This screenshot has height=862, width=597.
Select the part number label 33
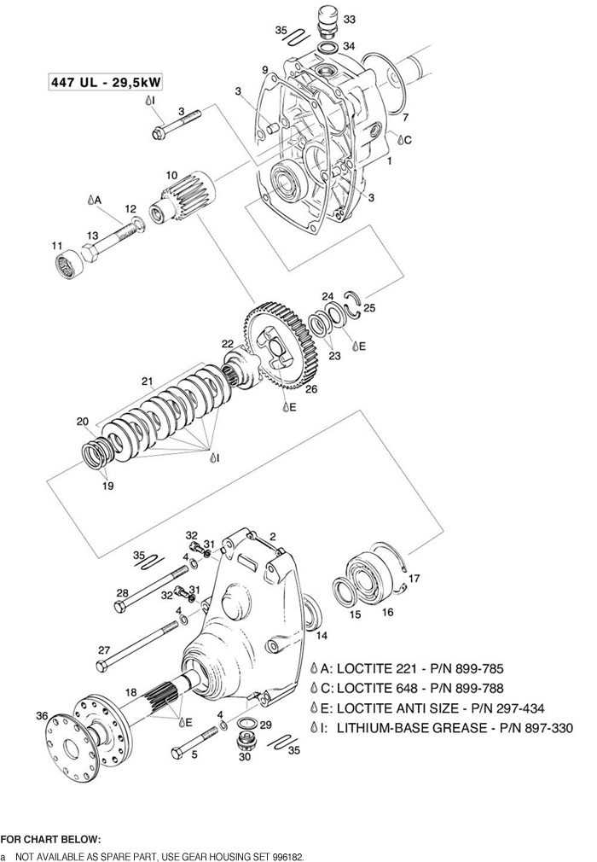coord(350,18)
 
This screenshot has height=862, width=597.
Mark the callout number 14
coord(322,635)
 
